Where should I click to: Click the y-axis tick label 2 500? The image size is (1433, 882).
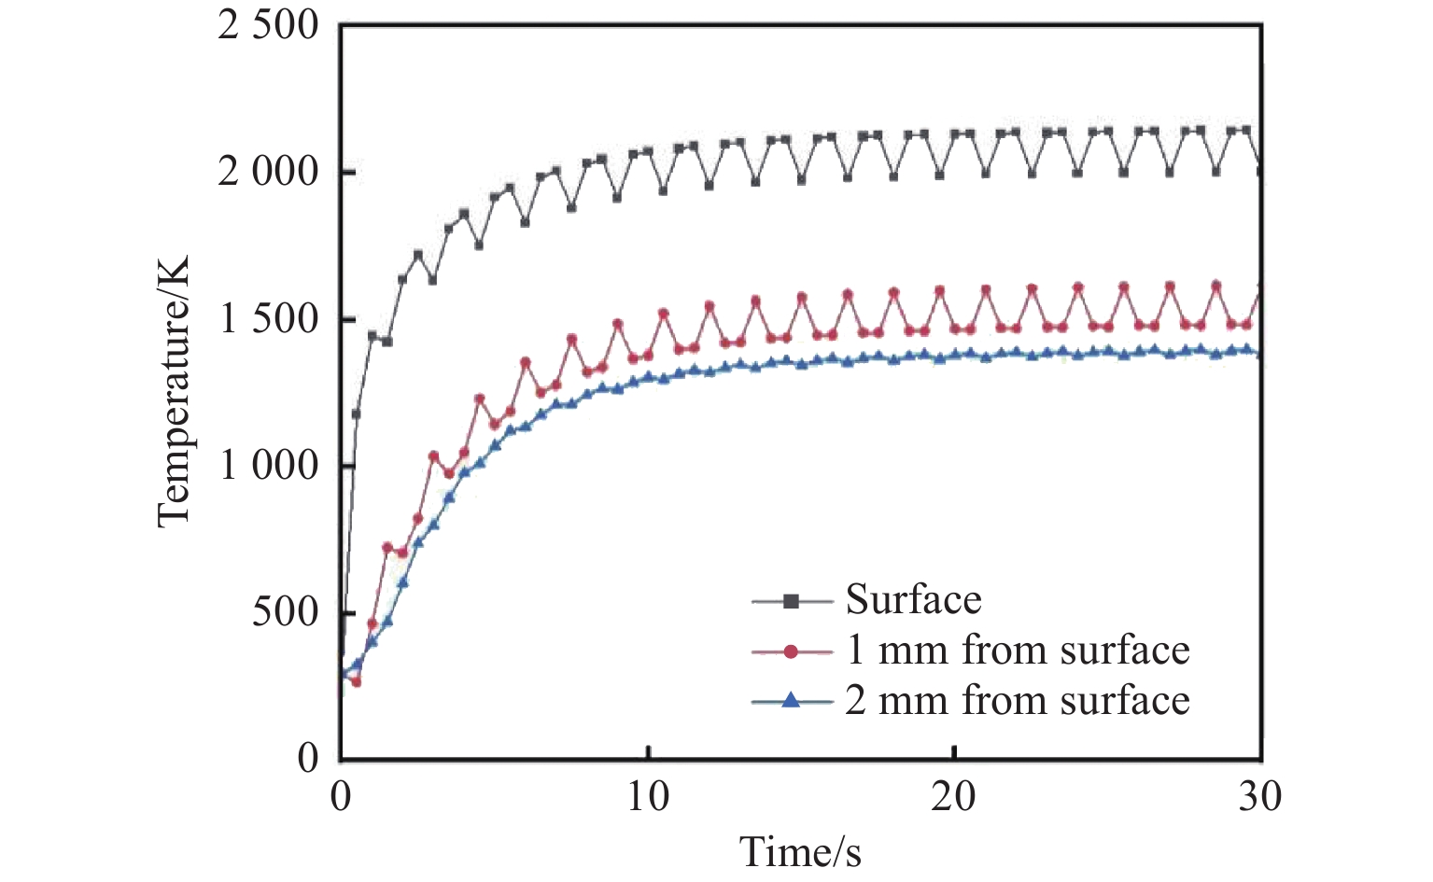[x=268, y=26]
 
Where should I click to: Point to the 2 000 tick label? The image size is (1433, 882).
[x=268, y=173]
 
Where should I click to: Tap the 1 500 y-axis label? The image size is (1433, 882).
[x=268, y=319]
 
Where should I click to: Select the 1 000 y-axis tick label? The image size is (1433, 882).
[x=268, y=466]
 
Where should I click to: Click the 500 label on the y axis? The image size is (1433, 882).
[x=285, y=612]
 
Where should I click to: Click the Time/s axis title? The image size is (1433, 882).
[x=800, y=851]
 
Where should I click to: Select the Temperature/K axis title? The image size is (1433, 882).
[x=175, y=392]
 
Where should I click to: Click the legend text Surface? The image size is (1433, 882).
[x=913, y=600]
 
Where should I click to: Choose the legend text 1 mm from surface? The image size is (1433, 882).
[x=1017, y=650]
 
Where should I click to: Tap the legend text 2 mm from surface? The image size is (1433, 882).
[x=1017, y=700]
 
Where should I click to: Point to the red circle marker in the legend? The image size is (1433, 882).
[x=791, y=651]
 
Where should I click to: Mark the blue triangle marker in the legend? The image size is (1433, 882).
[x=791, y=700]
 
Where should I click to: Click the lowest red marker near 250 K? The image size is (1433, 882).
[x=356, y=682]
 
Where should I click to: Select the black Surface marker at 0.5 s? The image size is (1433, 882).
[x=356, y=413]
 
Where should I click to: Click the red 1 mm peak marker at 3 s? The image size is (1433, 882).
[x=433, y=456]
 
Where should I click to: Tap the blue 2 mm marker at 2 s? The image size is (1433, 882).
[x=402, y=582]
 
